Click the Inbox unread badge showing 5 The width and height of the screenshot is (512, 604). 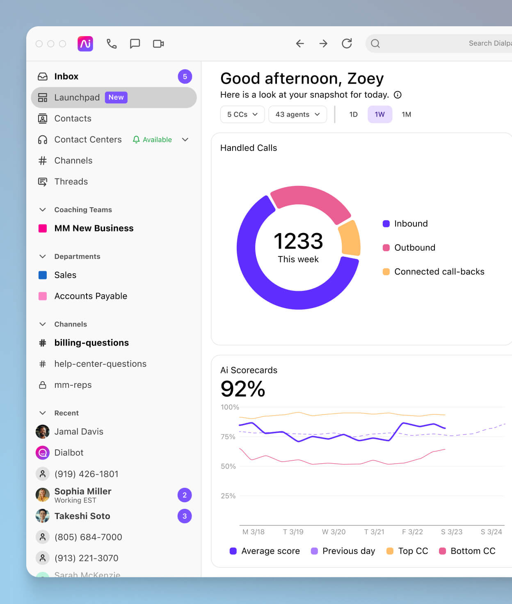click(185, 76)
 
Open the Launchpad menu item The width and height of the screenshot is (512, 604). click(77, 97)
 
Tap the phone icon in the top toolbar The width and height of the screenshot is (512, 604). click(112, 43)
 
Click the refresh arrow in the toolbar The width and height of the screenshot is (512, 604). click(347, 43)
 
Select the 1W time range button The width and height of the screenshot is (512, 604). click(379, 114)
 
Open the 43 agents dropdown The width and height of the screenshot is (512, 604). click(297, 114)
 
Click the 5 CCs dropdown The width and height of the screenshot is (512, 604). click(242, 114)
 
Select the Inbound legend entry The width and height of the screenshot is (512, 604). click(410, 224)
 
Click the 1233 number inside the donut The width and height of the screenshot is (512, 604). click(298, 241)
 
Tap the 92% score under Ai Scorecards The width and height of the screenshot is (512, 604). click(243, 389)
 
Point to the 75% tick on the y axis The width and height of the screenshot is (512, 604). click(228, 437)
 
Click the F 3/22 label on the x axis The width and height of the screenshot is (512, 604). click(412, 532)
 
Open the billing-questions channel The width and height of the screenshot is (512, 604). click(91, 343)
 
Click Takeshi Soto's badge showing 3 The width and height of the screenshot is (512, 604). click(185, 516)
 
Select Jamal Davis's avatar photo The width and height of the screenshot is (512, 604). click(43, 432)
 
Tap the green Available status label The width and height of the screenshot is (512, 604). click(157, 140)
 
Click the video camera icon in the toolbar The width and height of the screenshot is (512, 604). click(158, 43)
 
